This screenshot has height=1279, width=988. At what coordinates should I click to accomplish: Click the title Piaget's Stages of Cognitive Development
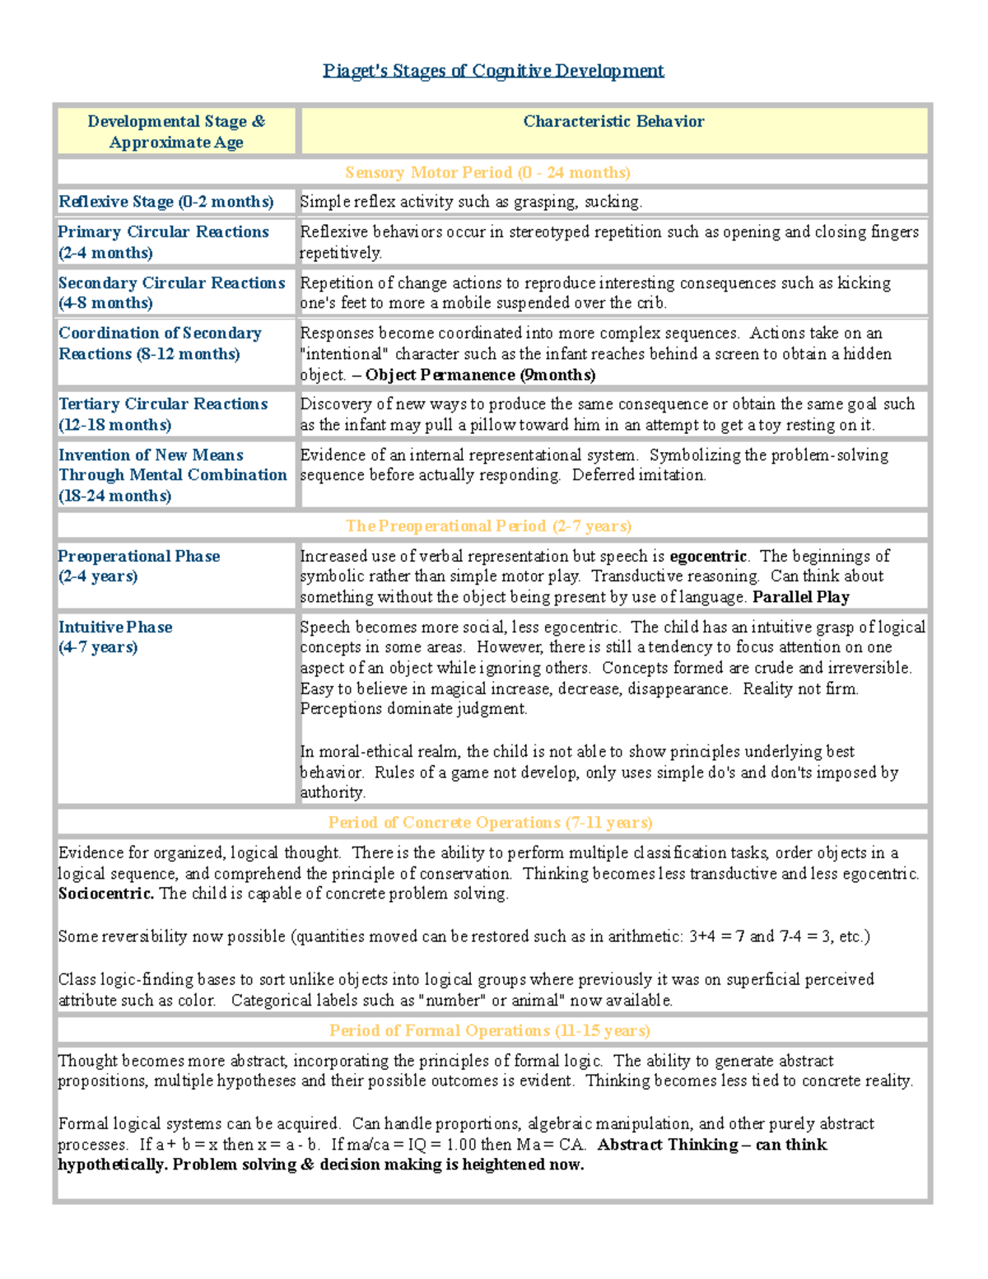pyautogui.click(x=493, y=71)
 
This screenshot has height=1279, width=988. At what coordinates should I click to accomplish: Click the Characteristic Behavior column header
pyautogui.click(x=613, y=122)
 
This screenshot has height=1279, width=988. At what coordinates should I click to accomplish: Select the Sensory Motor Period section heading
pyautogui.click(x=487, y=173)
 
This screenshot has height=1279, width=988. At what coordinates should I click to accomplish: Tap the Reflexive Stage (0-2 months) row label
pyautogui.click(x=165, y=202)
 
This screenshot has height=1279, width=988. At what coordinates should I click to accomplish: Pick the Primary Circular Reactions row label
pyautogui.click(x=163, y=242)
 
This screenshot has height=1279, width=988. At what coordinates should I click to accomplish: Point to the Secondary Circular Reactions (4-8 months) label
pyautogui.click(x=171, y=292)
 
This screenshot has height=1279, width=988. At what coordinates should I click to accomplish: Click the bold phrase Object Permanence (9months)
pyautogui.click(x=480, y=376)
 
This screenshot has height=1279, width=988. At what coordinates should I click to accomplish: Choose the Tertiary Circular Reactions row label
pyautogui.click(x=163, y=414)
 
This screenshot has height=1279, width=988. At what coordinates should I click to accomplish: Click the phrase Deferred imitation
pyautogui.click(x=639, y=475)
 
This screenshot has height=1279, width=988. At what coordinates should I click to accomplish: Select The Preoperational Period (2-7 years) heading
pyautogui.click(x=488, y=526)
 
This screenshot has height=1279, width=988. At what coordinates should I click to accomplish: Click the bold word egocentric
pyautogui.click(x=708, y=557)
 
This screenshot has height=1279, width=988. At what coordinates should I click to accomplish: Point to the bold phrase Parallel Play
pyautogui.click(x=800, y=597)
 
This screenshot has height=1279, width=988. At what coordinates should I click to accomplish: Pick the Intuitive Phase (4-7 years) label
pyautogui.click(x=115, y=637)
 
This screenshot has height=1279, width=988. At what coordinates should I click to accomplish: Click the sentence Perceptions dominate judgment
pyautogui.click(x=413, y=709)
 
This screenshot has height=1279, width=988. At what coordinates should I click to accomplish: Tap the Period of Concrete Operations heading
pyautogui.click(x=490, y=823)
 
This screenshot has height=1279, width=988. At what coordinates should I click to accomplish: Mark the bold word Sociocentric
pyautogui.click(x=105, y=894)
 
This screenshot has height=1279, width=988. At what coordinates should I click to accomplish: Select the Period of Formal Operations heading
pyautogui.click(x=489, y=1031)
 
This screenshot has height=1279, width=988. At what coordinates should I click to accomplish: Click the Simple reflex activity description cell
pyautogui.click(x=471, y=202)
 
